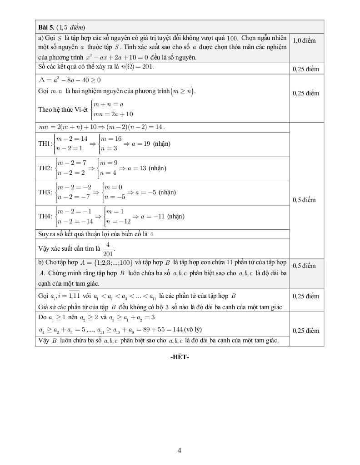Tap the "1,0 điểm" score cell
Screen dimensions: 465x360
[x=305, y=40]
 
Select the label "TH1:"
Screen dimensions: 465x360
[x=45, y=143]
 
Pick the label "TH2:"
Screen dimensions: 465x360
[x=45, y=168]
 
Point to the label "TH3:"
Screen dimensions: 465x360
[x=45, y=193]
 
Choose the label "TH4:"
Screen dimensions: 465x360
[x=45, y=217]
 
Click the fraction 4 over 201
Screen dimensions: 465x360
[x=108, y=249]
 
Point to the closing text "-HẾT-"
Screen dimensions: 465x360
[x=180, y=357]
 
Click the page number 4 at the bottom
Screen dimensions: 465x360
[x=180, y=450]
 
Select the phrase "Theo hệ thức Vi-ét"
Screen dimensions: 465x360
[x=63, y=109]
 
